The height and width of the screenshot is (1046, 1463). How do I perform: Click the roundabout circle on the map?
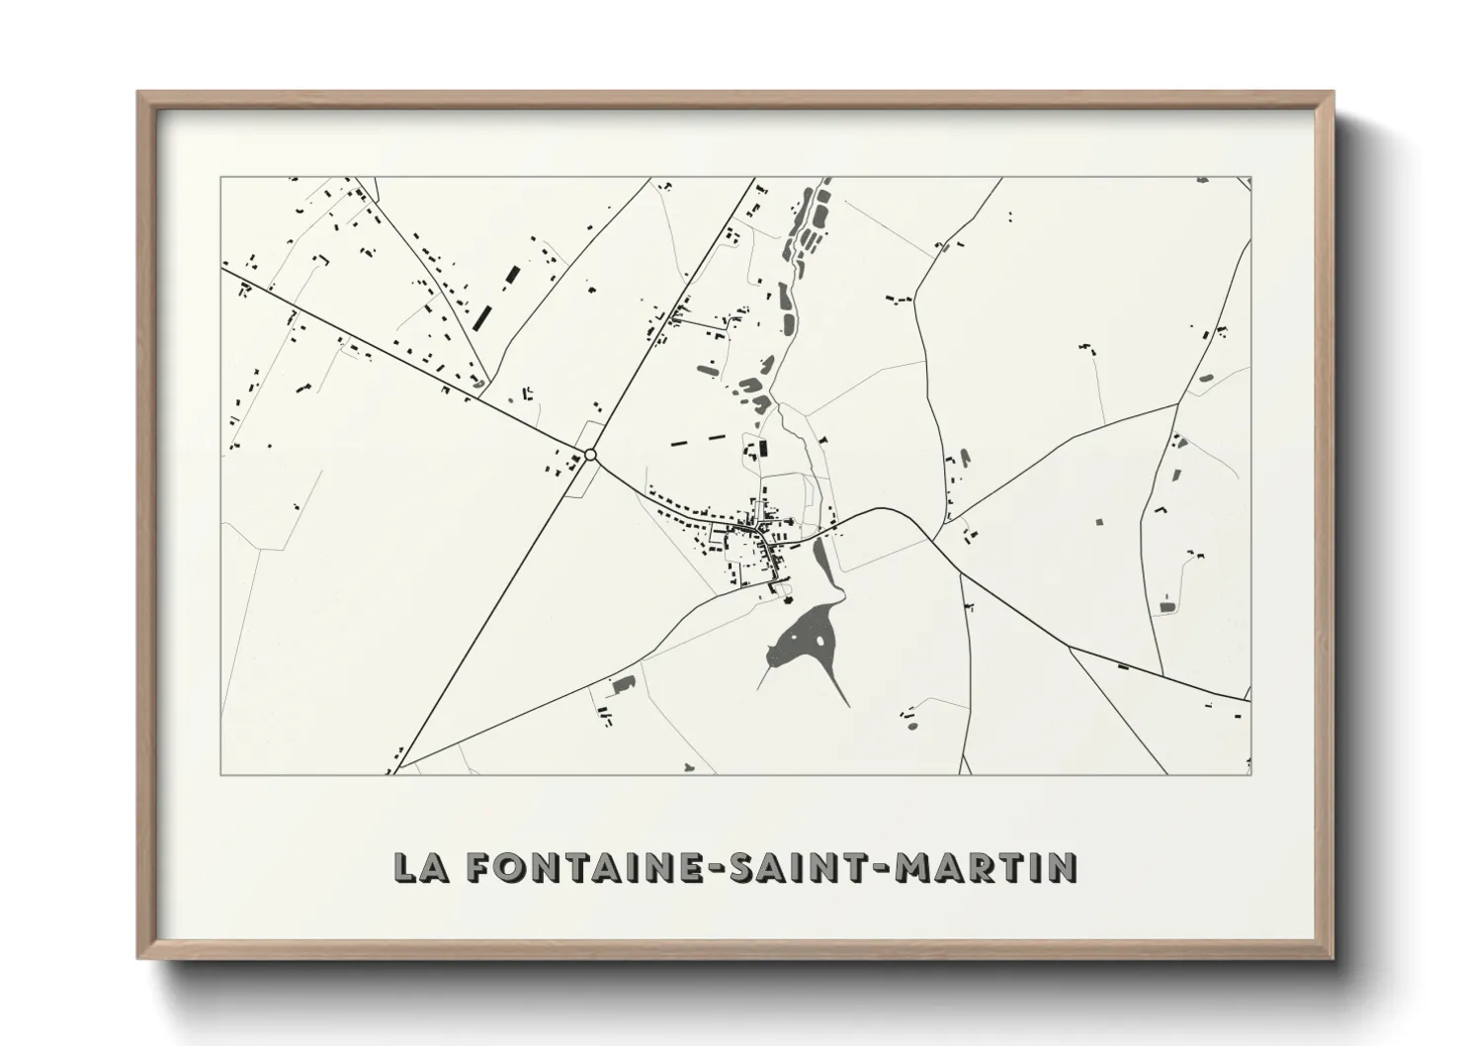coord(590,455)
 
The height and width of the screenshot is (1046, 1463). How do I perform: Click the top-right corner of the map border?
coord(1250,178)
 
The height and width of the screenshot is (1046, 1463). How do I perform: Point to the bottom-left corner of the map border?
coord(221,774)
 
